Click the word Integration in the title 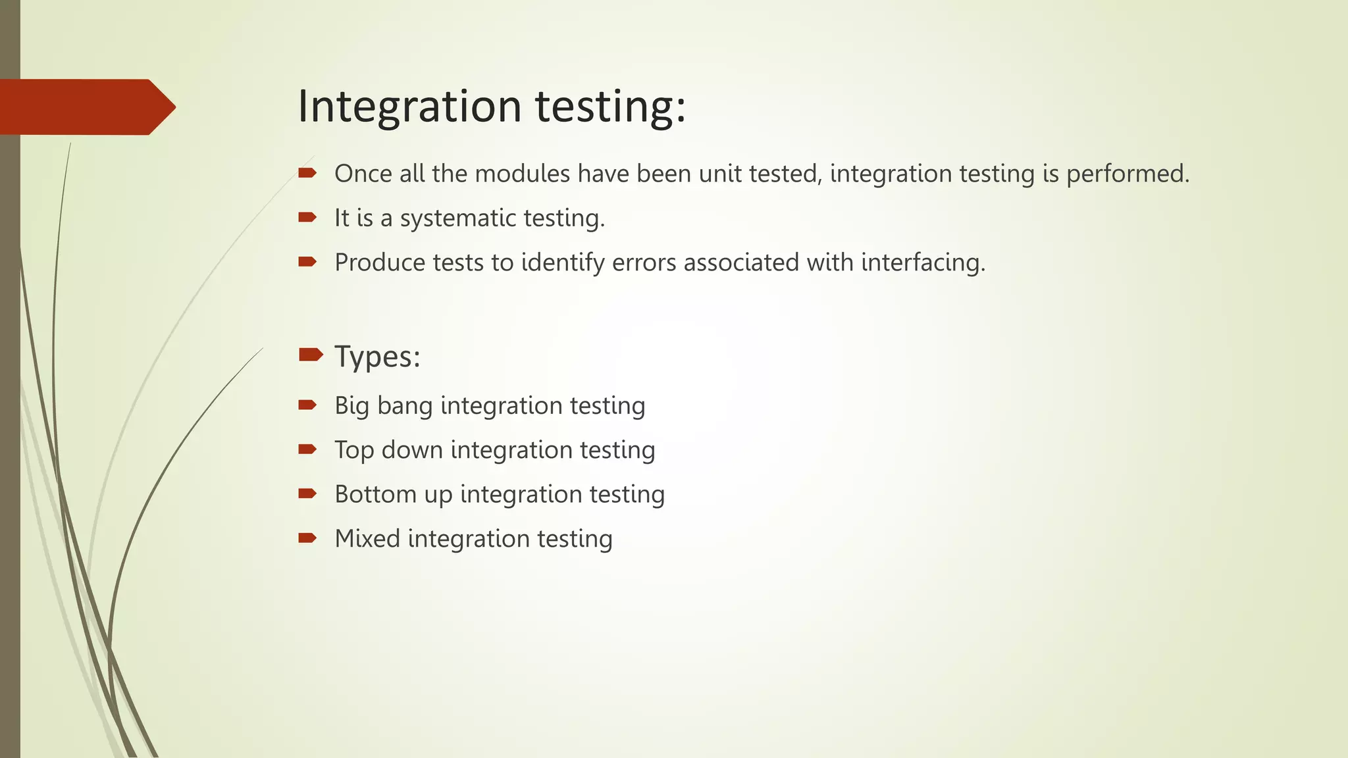coord(409,107)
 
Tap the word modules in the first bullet coord(522,174)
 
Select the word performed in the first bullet coord(1128,174)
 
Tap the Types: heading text coord(377,357)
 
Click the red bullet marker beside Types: coord(310,355)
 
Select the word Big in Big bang coord(351,406)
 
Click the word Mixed coord(367,538)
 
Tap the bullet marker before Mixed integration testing coord(307,538)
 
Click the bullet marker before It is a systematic coord(307,217)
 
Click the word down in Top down coord(412,450)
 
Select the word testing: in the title coord(610,107)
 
